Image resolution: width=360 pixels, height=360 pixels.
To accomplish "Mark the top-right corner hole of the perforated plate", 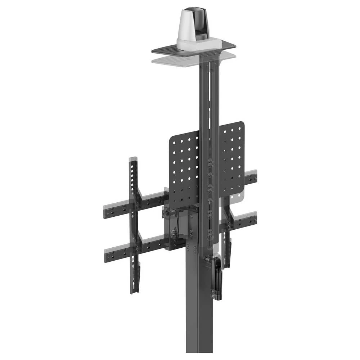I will pyautogui.click(x=240, y=128).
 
